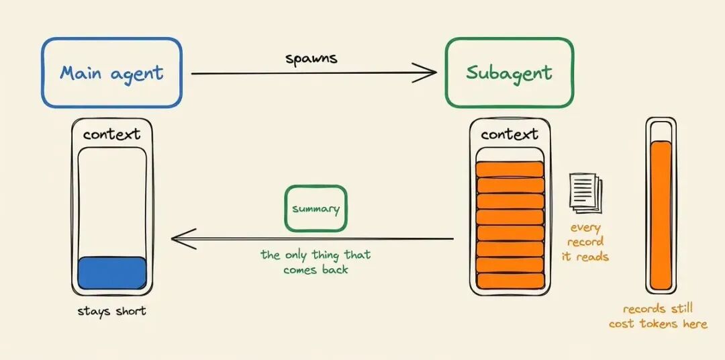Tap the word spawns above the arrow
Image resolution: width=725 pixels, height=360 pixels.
click(311, 58)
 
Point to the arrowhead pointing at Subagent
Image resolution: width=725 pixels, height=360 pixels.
click(426, 73)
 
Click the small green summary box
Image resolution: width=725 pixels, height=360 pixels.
click(316, 209)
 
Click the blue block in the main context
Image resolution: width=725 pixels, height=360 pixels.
click(112, 273)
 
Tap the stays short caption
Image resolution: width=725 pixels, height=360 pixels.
click(111, 311)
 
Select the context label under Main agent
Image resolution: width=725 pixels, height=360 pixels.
click(111, 134)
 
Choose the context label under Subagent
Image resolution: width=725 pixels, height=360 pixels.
click(510, 134)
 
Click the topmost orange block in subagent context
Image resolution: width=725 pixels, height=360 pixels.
click(510, 169)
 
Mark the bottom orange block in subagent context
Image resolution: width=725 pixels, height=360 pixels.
click(510, 281)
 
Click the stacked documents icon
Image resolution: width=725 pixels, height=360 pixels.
click(585, 193)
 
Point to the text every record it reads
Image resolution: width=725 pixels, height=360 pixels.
click(585, 242)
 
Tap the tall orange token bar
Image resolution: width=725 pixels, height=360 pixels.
click(661, 215)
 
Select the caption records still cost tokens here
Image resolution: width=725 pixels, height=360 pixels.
click(658, 316)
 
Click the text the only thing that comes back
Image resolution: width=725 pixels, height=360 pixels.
click(316, 262)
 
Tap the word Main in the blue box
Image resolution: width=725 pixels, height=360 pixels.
click(81, 73)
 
